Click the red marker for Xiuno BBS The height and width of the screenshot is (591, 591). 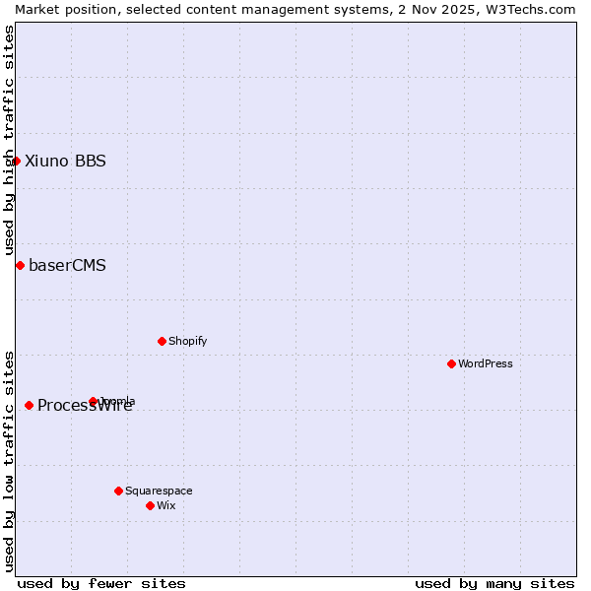[x=16, y=161]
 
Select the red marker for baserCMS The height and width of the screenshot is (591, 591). [x=20, y=265]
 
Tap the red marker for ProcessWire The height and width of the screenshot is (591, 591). [x=29, y=405]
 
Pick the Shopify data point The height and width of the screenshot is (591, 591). [x=162, y=341]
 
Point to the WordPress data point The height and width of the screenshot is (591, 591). [x=451, y=363]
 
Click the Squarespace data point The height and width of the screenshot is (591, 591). [x=118, y=491]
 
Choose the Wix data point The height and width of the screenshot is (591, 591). [x=150, y=505]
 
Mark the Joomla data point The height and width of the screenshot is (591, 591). [x=93, y=401]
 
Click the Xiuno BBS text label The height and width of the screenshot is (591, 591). [x=65, y=161]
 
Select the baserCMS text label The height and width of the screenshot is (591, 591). [x=67, y=265]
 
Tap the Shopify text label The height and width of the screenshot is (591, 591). [x=187, y=341]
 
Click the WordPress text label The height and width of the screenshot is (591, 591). [x=486, y=363]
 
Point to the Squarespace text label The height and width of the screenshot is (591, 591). [x=159, y=491]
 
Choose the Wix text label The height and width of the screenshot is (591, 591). [x=166, y=505]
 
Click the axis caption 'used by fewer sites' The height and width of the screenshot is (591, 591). [x=101, y=583]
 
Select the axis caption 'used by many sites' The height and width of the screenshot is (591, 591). [x=494, y=583]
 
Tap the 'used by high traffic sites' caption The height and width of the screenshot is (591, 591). [x=9, y=141]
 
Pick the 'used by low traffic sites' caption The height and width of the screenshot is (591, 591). [x=9, y=461]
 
